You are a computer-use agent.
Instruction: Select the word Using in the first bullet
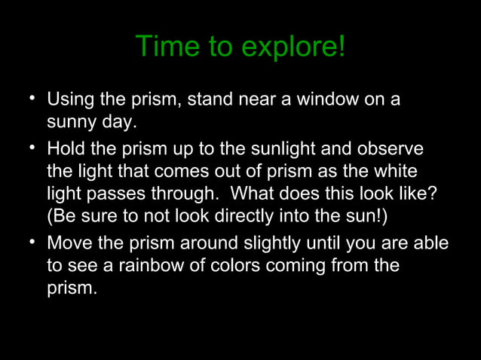70,99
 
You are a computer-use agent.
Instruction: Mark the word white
394,171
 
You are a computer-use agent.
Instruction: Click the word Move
69,244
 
